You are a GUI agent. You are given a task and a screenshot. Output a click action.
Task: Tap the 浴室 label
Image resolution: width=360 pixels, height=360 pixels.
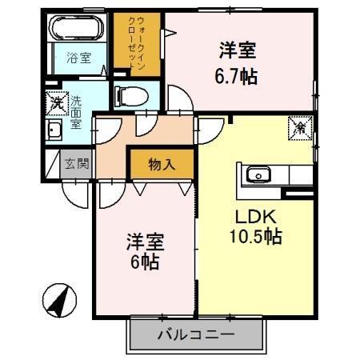(78, 58)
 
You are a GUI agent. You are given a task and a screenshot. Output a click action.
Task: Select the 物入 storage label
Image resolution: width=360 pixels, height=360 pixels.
(161, 165)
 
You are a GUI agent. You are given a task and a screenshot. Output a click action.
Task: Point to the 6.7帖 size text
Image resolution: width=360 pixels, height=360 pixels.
(238, 78)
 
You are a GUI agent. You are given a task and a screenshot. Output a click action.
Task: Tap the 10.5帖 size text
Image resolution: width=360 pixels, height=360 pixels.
(257, 238)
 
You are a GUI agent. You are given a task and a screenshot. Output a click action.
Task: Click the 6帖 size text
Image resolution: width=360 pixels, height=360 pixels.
(144, 262)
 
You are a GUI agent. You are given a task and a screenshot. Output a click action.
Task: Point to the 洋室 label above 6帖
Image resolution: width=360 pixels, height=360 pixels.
(144, 241)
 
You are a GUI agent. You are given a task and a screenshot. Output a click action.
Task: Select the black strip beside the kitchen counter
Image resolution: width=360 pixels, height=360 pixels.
(299, 194)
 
